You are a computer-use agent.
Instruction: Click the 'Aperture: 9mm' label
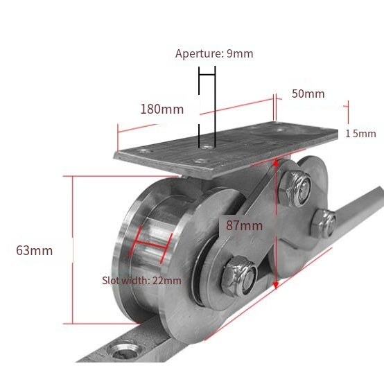214,53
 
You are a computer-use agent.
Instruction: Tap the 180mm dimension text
162,110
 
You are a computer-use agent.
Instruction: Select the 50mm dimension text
308,94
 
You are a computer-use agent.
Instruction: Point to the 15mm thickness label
360,134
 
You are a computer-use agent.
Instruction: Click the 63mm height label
34,250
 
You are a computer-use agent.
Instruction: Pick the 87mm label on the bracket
244,225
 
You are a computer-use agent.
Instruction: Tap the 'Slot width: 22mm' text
141,281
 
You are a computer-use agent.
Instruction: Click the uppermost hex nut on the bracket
295,189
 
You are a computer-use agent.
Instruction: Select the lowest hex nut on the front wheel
239,277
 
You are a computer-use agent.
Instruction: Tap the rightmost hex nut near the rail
324,224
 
